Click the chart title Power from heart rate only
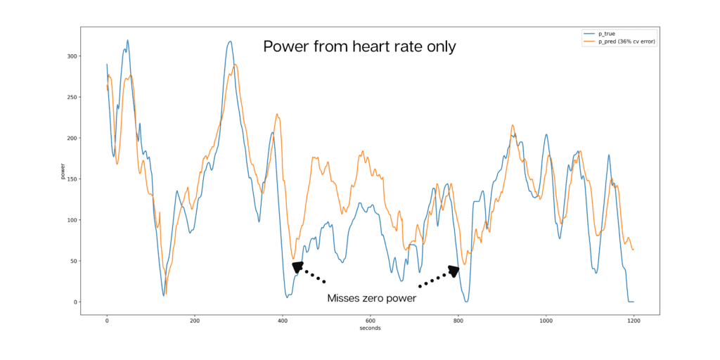(359, 47)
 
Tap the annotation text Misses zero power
(371, 298)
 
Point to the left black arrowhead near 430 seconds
(298, 267)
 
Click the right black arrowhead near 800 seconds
(453, 271)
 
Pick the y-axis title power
(63, 172)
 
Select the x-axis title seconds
(370, 328)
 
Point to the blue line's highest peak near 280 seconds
(230, 41)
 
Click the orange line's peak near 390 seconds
(277, 114)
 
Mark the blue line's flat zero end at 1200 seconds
(631, 302)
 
